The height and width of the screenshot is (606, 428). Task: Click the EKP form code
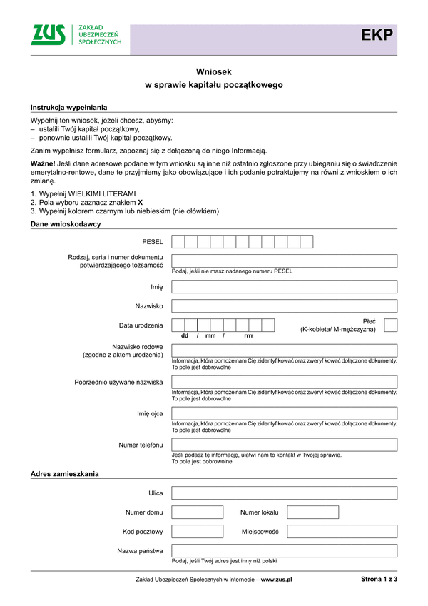pyautogui.click(x=377, y=36)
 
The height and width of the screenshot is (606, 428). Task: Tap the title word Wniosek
pyautogui.click(x=213, y=71)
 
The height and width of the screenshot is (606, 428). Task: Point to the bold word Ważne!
pyautogui.click(x=43, y=164)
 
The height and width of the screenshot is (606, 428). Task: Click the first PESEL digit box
pyautogui.click(x=178, y=241)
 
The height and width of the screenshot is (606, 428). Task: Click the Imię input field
pyautogui.click(x=284, y=287)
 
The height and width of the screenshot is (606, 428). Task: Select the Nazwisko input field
pyautogui.click(x=284, y=306)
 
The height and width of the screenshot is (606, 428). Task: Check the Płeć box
pyautogui.click(x=390, y=325)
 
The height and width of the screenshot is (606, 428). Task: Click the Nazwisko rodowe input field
pyautogui.click(x=284, y=350)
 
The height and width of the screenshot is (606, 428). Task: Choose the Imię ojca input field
pyautogui.click(x=284, y=413)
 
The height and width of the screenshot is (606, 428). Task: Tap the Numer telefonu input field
pyautogui.click(x=284, y=445)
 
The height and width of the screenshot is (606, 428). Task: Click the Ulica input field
pyautogui.click(x=284, y=493)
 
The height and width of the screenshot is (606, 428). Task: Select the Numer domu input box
pyautogui.click(x=198, y=512)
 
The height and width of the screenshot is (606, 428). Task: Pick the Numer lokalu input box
pyautogui.click(x=312, y=512)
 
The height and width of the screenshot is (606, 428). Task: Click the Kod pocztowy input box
pyautogui.click(x=198, y=532)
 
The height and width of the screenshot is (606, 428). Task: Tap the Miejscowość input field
pyautogui.click(x=342, y=532)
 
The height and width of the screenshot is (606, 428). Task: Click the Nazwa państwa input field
pyautogui.click(x=284, y=550)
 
